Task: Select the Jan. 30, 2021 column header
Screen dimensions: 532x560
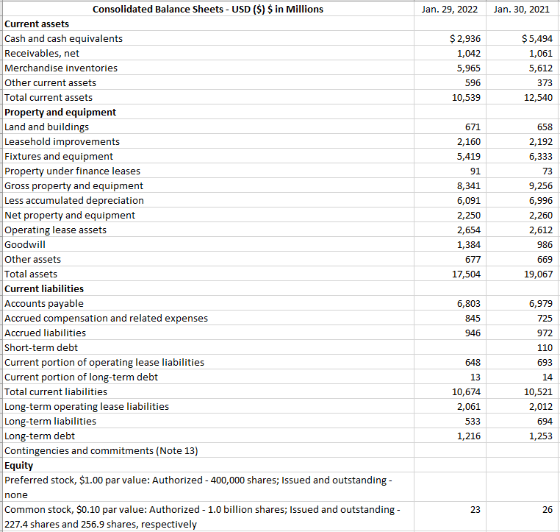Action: (x=522, y=10)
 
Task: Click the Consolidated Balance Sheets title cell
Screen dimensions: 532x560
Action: (x=208, y=10)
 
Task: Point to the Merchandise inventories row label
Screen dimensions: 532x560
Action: (x=61, y=68)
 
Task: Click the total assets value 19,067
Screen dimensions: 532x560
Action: (x=536, y=274)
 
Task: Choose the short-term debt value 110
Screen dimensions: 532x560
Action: (x=544, y=347)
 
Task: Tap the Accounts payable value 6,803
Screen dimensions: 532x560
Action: (x=468, y=303)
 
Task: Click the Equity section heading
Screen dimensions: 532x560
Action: (x=19, y=465)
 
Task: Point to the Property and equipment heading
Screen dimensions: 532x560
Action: (x=60, y=112)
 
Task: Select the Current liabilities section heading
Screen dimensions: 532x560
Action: (x=44, y=288)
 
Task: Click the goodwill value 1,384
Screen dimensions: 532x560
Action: (x=468, y=244)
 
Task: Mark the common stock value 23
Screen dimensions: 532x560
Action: (x=475, y=509)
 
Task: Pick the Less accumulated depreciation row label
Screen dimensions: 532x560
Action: (x=74, y=200)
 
